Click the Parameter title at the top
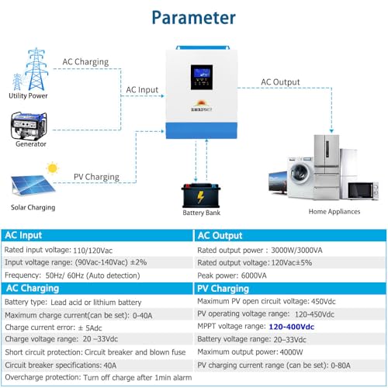(x=193, y=18)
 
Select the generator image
(x=29, y=126)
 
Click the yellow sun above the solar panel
(x=53, y=168)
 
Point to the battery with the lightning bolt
(x=201, y=196)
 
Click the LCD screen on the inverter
(x=202, y=78)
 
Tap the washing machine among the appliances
(x=300, y=178)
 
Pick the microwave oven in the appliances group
(x=363, y=191)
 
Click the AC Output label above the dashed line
(x=280, y=82)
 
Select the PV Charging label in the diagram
(x=96, y=177)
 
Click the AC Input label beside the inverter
(x=142, y=90)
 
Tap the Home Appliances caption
(x=334, y=212)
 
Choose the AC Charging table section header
(x=33, y=288)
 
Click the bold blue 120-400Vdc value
(x=292, y=327)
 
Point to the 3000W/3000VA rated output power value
(x=296, y=251)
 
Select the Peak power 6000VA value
(x=254, y=275)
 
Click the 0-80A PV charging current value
(x=341, y=365)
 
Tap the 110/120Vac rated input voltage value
(x=93, y=251)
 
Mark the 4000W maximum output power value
(x=291, y=352)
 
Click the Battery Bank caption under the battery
(x=201, y=213)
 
